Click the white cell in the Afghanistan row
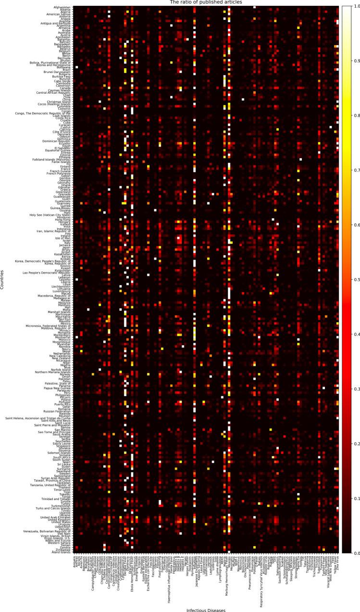coord(254,7)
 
